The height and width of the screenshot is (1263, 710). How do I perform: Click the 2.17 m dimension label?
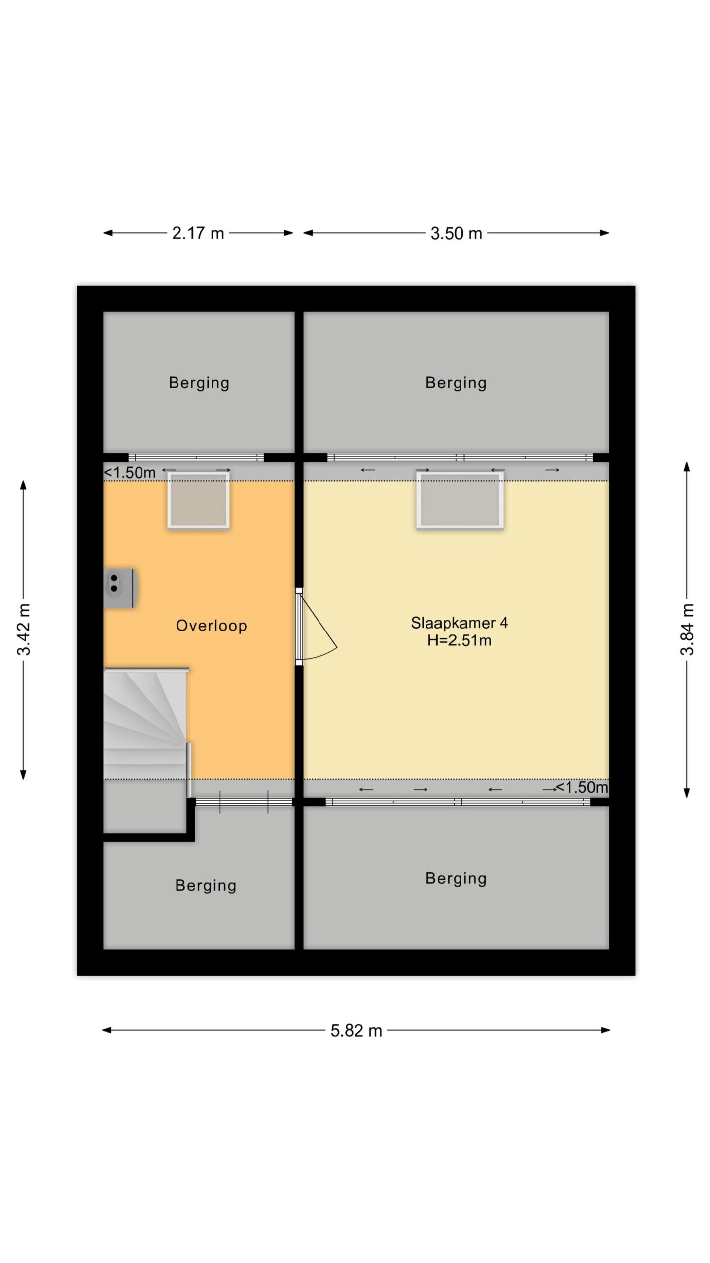pyautogui.click(x=198, y=233)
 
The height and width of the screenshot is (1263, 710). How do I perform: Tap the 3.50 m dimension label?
pyautogui.click(x=456, y=233)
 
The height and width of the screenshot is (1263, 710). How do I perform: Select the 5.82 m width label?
pyautogui.click(x=356, y=1030)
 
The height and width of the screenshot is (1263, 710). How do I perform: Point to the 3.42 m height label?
pyautogui.click(x=24, y=629)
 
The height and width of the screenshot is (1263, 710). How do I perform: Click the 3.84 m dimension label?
pyautogui.click(x=687, y=629)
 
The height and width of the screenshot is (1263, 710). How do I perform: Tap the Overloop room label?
pyautogui.click(x=211, y=626)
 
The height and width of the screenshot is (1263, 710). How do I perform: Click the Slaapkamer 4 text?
pyautogui.click(x=459, y=623)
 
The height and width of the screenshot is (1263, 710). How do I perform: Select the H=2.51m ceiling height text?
pyautogui.click(x=459, y=640)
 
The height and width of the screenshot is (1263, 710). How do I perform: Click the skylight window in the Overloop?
pyautogui.click(x=198, y=500)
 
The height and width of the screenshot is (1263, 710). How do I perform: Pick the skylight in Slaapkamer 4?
pyautogui.click(x=460, y=500)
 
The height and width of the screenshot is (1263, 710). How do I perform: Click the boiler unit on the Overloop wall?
pyautogui.click(x=120, y=588)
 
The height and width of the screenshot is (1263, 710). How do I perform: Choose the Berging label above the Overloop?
pyautogui.click(x=199, y=383)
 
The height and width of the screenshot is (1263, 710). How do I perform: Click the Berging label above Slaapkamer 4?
pyautogui.click(x=456, y=383)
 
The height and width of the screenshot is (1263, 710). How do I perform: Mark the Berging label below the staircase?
pyautogui.click(x=206, y=885)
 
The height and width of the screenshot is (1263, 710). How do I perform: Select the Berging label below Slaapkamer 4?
pyautogui.click(x=456, y=878)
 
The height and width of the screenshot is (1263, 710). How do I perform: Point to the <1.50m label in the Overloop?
pyautogui.click(x=130, y=473)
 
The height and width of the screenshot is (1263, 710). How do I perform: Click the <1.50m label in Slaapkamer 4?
pyautogui.click(x=582, y=787)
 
